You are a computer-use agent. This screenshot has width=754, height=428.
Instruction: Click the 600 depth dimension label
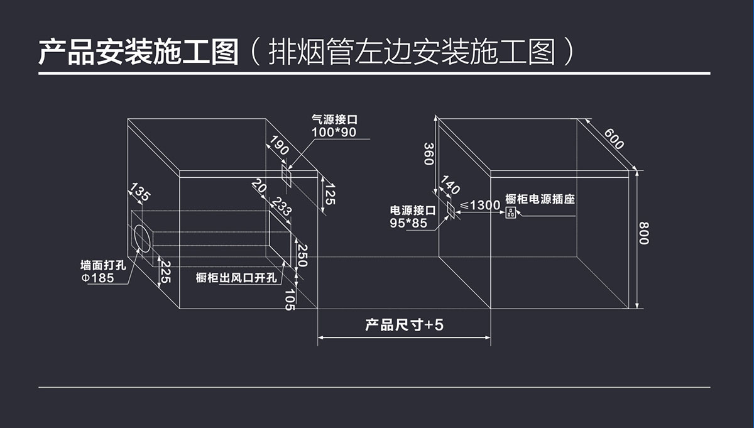click(614, 139)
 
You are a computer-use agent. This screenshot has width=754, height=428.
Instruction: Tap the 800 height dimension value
click(644, 233)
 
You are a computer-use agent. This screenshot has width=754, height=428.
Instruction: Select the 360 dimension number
click(429, 154)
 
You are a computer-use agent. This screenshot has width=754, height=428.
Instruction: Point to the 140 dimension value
click(451, 185)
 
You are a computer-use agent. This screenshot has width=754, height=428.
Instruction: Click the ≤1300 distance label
click(480, 205)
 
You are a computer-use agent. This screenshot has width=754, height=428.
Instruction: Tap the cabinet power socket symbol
click(510, 212)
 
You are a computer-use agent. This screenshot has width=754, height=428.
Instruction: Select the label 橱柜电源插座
click(540, 199)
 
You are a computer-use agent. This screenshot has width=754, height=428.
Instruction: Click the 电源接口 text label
click(413, 211)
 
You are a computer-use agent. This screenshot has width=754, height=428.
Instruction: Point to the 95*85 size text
click(408, 223)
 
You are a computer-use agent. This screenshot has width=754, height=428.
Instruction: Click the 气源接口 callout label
click(334, 119)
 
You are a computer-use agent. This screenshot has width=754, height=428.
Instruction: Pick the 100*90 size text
click(334, 132)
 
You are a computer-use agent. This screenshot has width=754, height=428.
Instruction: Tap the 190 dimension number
click(280, 145)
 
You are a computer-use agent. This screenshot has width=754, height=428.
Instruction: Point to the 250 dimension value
click(302, 256)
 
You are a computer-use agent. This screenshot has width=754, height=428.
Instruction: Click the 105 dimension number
click(290, 300)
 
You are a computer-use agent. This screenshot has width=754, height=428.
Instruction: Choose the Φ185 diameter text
click(97, 278)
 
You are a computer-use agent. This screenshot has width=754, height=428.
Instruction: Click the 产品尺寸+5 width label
click(404, 325)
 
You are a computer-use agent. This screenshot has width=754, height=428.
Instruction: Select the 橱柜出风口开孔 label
click(236, 278)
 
